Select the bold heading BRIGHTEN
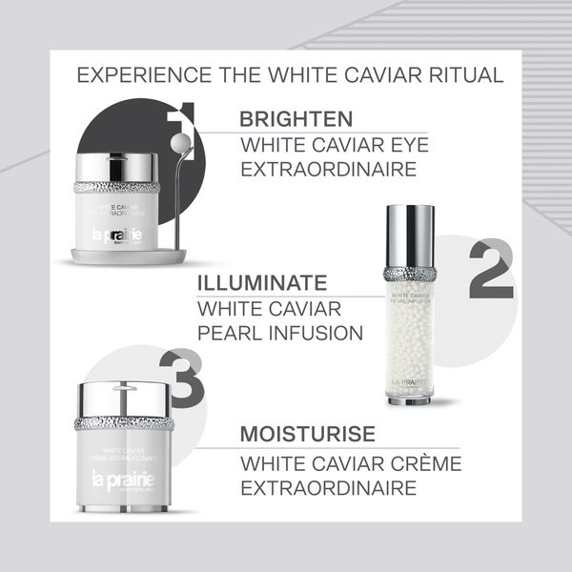[296, 120]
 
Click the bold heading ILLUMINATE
[261, 283]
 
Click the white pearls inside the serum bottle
[410, 334]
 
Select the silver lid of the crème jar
[123, 397]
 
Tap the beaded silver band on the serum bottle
[410, 274]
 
